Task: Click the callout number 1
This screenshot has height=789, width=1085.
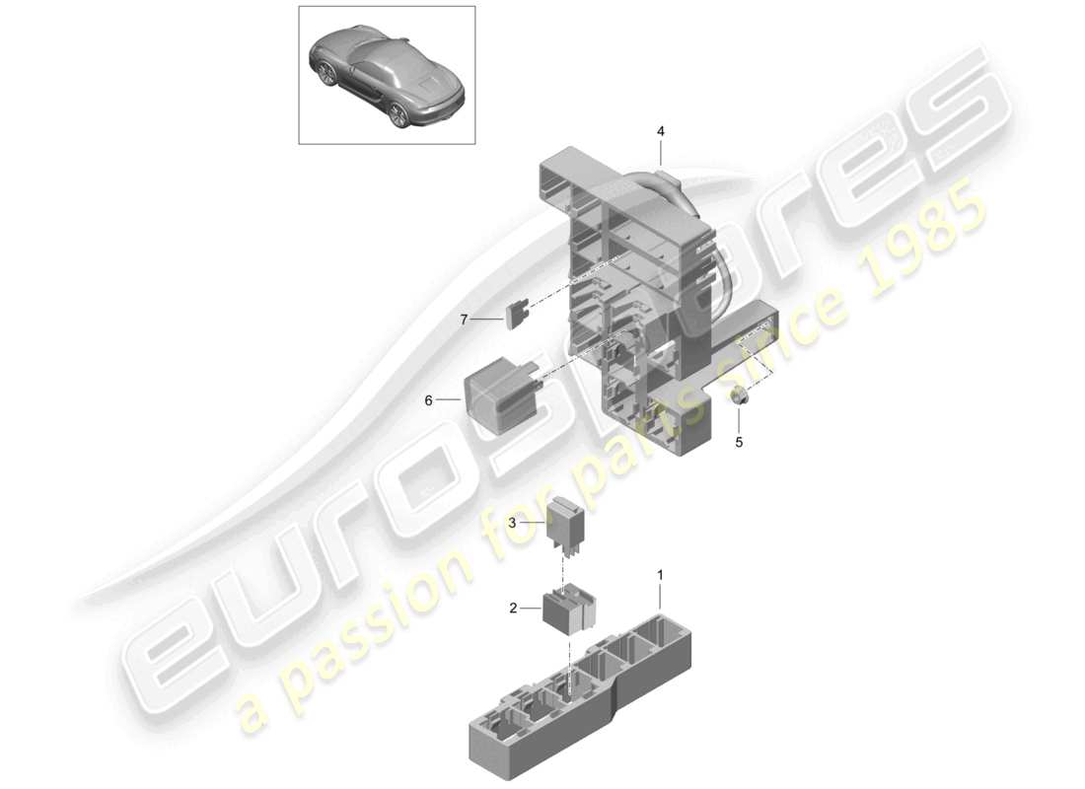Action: tap(661, 573)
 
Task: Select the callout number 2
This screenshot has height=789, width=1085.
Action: tap(513, 609)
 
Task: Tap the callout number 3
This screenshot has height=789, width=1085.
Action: tap(513, 523)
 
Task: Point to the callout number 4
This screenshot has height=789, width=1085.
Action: tap(661, 131)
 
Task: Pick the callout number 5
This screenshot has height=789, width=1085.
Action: tap(738, 443)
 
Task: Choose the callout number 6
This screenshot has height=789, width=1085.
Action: tap(429, 400)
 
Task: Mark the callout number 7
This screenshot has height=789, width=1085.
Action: tap(463, 319)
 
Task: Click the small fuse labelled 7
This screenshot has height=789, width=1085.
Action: tap(515, 315)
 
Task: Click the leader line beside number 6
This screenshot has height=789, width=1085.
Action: tap(449, 400)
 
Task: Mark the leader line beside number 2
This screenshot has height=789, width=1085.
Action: tap(531, 609)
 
